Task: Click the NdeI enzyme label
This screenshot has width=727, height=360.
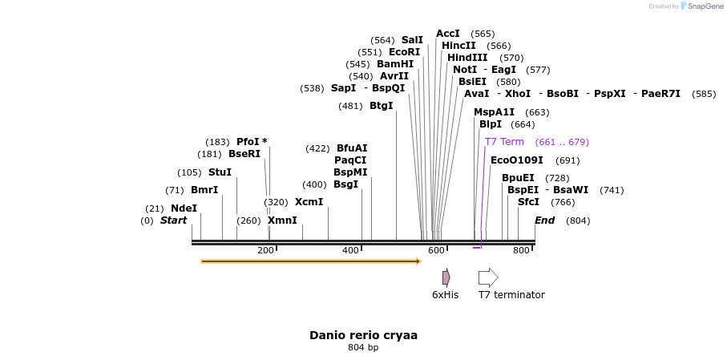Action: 184,208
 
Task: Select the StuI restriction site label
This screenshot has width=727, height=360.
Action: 220,172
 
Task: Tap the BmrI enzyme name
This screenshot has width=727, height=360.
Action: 204,191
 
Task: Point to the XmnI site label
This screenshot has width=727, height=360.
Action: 282,220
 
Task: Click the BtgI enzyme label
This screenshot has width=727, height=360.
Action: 382,106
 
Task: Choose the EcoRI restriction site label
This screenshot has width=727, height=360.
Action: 404,52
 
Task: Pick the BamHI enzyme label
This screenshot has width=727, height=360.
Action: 395,64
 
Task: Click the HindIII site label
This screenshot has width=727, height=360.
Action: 467,58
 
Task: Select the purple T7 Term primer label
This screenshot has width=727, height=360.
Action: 504,142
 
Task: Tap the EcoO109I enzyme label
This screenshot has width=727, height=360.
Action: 516,160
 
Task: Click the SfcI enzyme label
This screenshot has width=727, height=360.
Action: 528,202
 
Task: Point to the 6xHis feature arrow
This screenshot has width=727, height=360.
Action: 446,277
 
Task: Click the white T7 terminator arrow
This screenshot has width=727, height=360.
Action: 488,277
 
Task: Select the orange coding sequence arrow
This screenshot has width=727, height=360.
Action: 311,261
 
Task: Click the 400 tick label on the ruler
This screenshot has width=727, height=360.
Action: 350,251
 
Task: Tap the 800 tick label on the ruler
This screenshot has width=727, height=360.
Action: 521,251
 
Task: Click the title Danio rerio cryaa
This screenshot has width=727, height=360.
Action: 363,335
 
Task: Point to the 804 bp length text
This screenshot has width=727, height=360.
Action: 363,348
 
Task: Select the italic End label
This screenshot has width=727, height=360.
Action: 544,220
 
